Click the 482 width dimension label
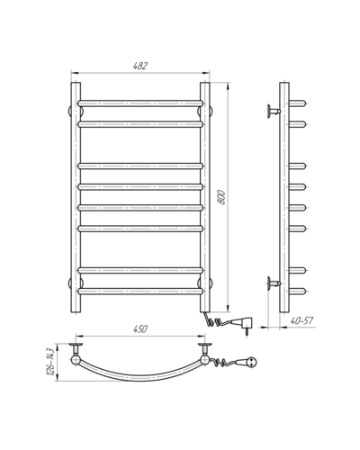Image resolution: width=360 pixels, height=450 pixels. (x=140, y=66)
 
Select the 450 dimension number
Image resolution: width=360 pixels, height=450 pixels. (x=140, y=328)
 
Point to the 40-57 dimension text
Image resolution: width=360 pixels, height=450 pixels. (x=301, y=320)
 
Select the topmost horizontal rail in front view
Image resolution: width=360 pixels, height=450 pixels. (x=140, y=103)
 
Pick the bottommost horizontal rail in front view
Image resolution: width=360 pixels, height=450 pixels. (x=140, y=292)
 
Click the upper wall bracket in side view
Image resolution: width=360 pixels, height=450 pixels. (x=274, y=112)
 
